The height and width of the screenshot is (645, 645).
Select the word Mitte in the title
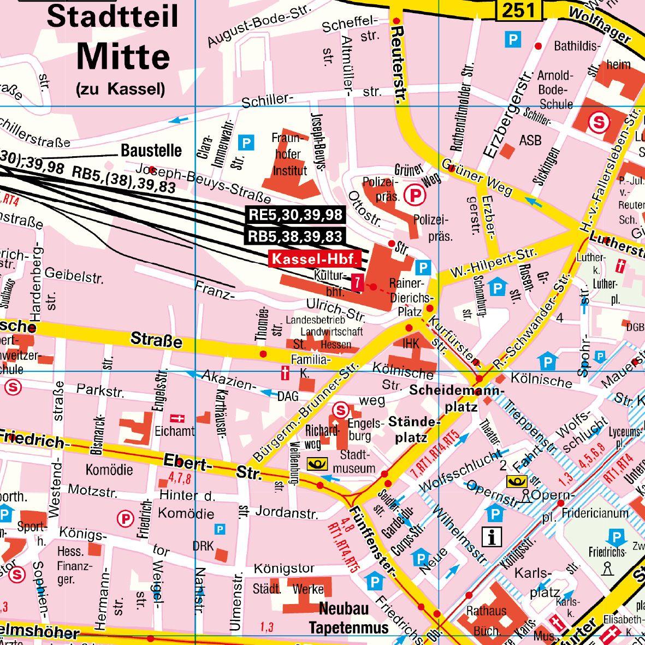tap(123, 56)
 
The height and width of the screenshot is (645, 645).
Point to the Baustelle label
tap(151, 150)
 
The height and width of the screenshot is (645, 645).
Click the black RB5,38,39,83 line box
tap(295, 236)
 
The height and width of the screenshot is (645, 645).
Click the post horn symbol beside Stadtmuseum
tap(317, 465)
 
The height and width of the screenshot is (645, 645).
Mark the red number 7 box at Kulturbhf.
tap(357, 282)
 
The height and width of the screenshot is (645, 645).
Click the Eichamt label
tap(174, 431)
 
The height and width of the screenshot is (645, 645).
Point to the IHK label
tap(411, 344)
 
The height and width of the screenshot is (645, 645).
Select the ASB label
tap(530, 140)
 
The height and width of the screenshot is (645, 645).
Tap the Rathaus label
tap(486, 611)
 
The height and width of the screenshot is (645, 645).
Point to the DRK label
tap(203, 546)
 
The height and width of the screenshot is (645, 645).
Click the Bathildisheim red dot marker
tap(539, 46)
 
